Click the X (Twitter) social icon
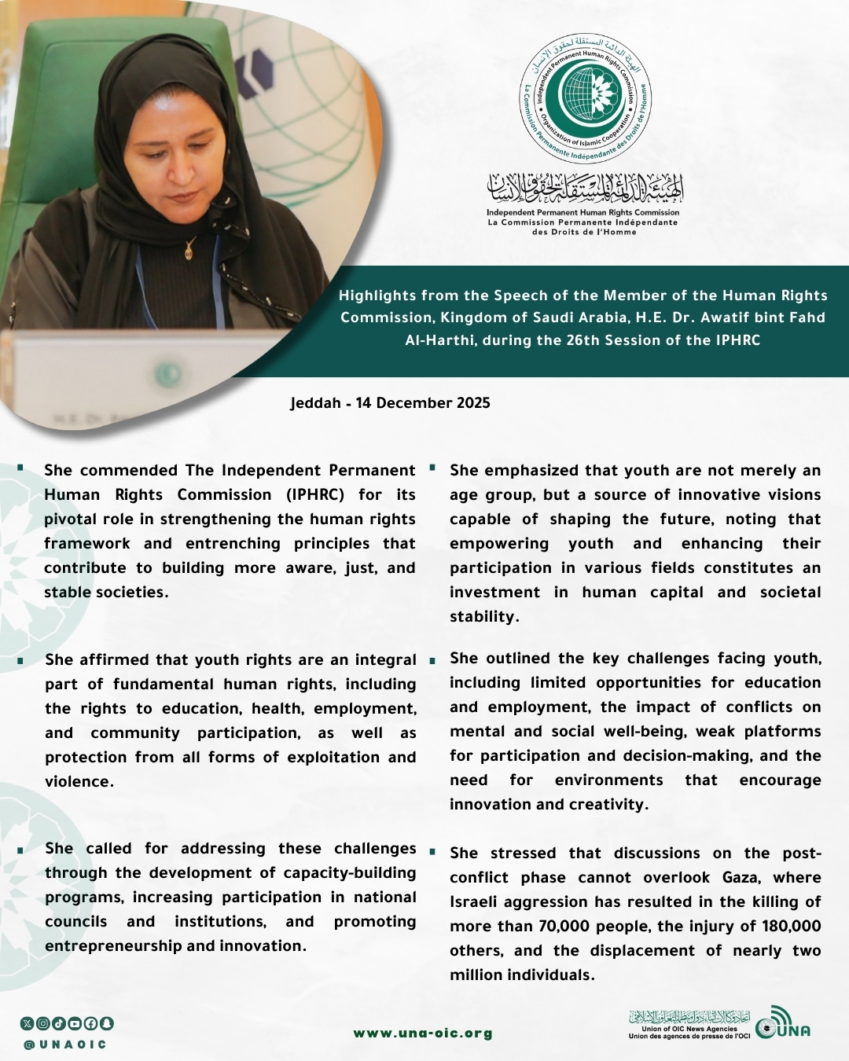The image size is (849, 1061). coord(28,1023)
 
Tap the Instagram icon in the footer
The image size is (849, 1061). coord(43,1023)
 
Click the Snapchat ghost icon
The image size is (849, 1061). coord(107,1023)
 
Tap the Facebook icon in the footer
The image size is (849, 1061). coord(91,1023)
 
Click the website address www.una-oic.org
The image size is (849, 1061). coord(423,1033)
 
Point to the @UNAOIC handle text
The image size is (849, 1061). coord(65,1044)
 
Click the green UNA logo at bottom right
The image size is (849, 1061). coord(782,1023)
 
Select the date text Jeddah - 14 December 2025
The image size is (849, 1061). coord(390,403)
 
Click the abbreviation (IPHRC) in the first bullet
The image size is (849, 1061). coord(315,495)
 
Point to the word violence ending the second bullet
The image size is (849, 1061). coord(78,782)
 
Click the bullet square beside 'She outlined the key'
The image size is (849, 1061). coord(432,661)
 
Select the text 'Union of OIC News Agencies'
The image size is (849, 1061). coord(689,1029)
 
